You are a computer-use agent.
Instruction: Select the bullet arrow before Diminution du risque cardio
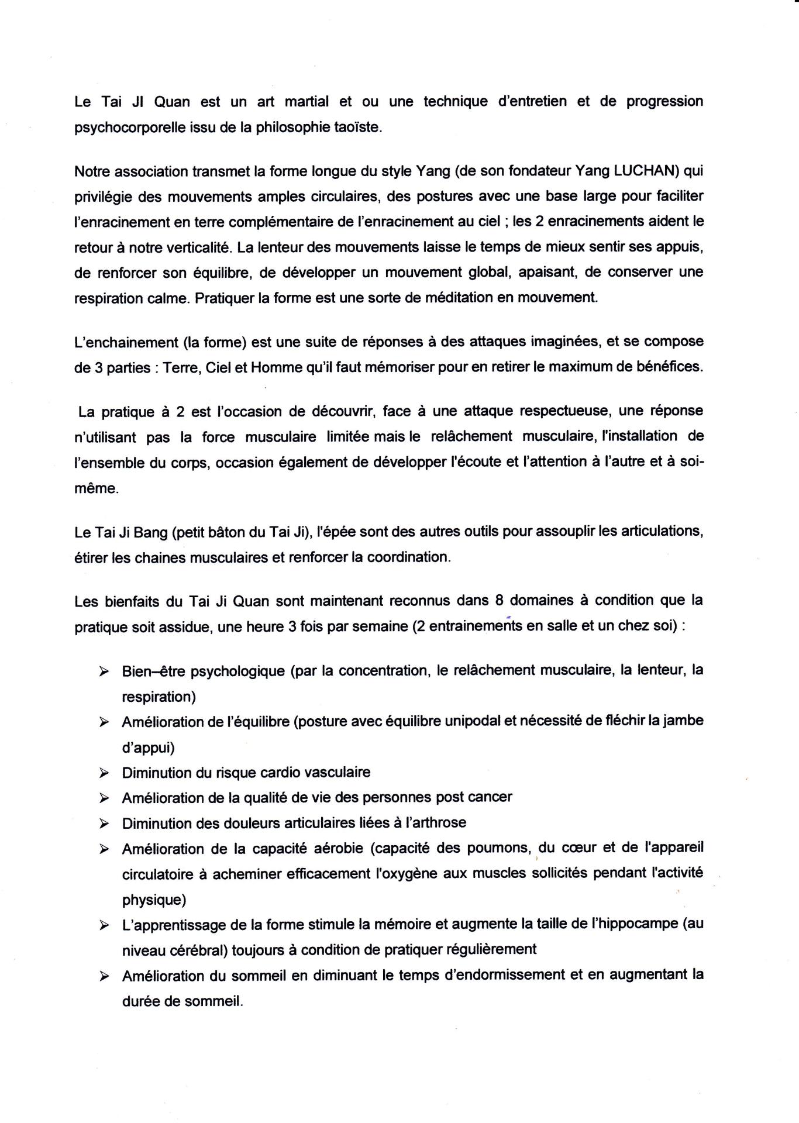pyautogui.click(x=104, y=773)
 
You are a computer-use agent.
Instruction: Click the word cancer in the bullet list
pyautogui.click(x=492, y=797)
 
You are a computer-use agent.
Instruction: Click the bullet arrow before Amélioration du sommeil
pyautogui.click(x=104, y=976)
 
